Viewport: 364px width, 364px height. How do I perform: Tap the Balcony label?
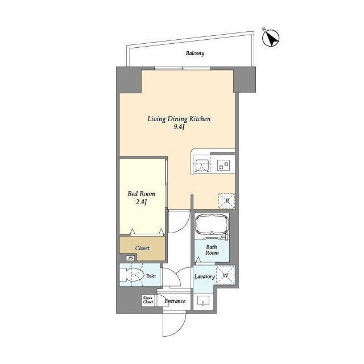click(195, 54)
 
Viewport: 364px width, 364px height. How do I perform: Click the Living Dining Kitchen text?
click(179, 119)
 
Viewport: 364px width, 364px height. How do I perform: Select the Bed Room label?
click(141, 194)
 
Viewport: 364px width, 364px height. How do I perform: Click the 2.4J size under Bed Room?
click(141, 203)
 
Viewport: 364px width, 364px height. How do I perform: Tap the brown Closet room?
click(142, 249)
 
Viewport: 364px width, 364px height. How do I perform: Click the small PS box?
click(130, 259)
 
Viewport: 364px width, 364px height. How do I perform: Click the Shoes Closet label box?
click(148, 300)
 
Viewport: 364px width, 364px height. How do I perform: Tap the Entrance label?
click(175, 301)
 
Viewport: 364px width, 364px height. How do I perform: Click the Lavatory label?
click(204, 276)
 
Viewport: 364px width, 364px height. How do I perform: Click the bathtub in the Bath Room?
click(211, 227)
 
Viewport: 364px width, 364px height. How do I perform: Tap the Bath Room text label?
click(211, 251)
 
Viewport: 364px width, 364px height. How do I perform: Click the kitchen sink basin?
click(202, 165)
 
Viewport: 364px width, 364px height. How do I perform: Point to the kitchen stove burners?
click(224, 165)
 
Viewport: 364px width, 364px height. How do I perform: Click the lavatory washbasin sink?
click(203, 301)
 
